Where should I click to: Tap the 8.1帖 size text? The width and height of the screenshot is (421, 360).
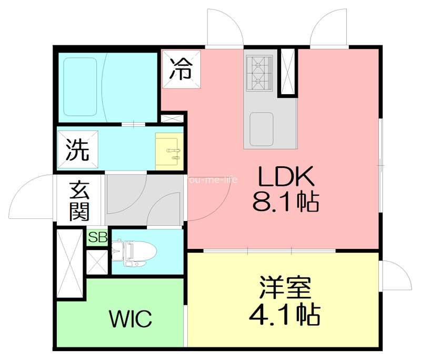coord(286,201)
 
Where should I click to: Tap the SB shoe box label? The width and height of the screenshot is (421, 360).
coord(97,237)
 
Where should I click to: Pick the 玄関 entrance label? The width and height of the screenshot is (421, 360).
coord(80,201)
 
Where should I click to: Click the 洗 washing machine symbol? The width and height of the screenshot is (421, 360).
coord(77,151)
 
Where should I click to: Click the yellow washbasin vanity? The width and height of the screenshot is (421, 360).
coord(169,150)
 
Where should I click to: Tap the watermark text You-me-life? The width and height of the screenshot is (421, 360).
coord(212,179)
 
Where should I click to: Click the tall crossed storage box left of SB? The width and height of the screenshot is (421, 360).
coord(70,263)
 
